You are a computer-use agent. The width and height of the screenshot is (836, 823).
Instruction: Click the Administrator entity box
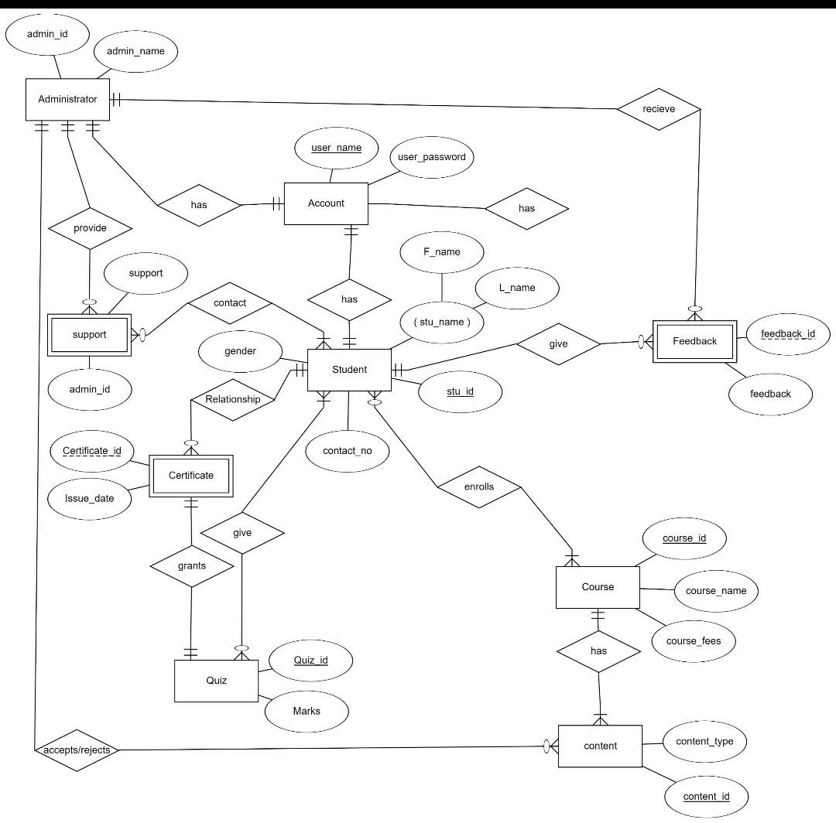pos(67,99)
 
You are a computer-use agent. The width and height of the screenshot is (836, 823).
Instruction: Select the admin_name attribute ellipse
pos(135,52)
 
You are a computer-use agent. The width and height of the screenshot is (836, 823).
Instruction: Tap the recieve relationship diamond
pos(659,109)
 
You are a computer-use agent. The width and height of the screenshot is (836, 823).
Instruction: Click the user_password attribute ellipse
pos(431,157)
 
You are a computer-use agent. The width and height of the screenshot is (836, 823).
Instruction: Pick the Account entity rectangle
pos(326,203)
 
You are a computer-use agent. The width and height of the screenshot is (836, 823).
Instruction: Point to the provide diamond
pos(90,228)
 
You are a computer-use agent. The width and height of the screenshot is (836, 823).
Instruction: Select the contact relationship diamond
pos(230,303)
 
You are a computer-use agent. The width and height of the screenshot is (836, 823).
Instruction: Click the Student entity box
pos(349,370)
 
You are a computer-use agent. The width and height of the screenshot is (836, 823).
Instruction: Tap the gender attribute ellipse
pos(240,351)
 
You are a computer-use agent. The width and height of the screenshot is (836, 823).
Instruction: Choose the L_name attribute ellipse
pos(517,288)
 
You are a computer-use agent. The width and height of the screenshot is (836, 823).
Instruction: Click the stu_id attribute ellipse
pos(460,391)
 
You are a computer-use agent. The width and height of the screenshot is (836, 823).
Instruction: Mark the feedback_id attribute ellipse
pos(788,334)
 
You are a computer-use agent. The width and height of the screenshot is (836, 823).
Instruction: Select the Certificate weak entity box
pos(190,476)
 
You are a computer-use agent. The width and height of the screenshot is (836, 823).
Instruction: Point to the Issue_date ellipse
pos(90,498)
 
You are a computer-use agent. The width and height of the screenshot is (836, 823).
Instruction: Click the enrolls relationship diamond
pos(479,487)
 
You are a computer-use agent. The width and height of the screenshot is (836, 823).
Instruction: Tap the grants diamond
pos(191,566)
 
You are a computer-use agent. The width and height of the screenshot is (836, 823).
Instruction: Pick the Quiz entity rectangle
pos(216,681)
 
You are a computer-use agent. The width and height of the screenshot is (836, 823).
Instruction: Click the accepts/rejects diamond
pos(77,750)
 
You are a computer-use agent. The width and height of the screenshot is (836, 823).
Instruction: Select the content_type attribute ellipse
pos(704,742)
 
